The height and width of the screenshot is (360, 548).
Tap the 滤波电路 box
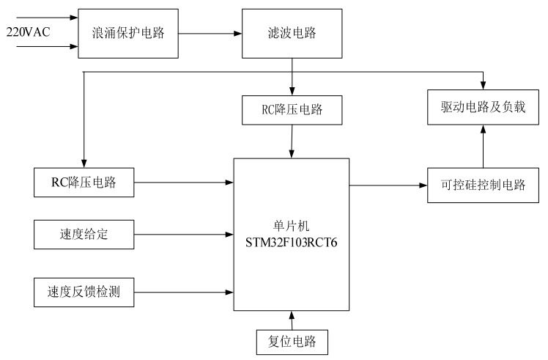point(292,33)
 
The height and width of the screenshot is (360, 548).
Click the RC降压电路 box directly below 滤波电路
point(292,111)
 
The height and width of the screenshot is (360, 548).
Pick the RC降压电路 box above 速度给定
point(85,183)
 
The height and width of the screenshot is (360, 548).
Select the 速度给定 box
point(85,235)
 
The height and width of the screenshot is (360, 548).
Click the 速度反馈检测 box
point(85,293)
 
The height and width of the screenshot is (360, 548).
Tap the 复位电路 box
point(292,342)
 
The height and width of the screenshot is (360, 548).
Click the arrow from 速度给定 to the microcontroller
point(184,235)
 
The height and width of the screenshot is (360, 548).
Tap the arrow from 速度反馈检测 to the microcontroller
point(184,293)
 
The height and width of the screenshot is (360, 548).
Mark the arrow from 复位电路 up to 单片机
point(292,320)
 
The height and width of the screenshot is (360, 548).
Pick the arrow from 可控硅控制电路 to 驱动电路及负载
point(482,147)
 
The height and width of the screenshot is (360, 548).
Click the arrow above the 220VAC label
point(44,15)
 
